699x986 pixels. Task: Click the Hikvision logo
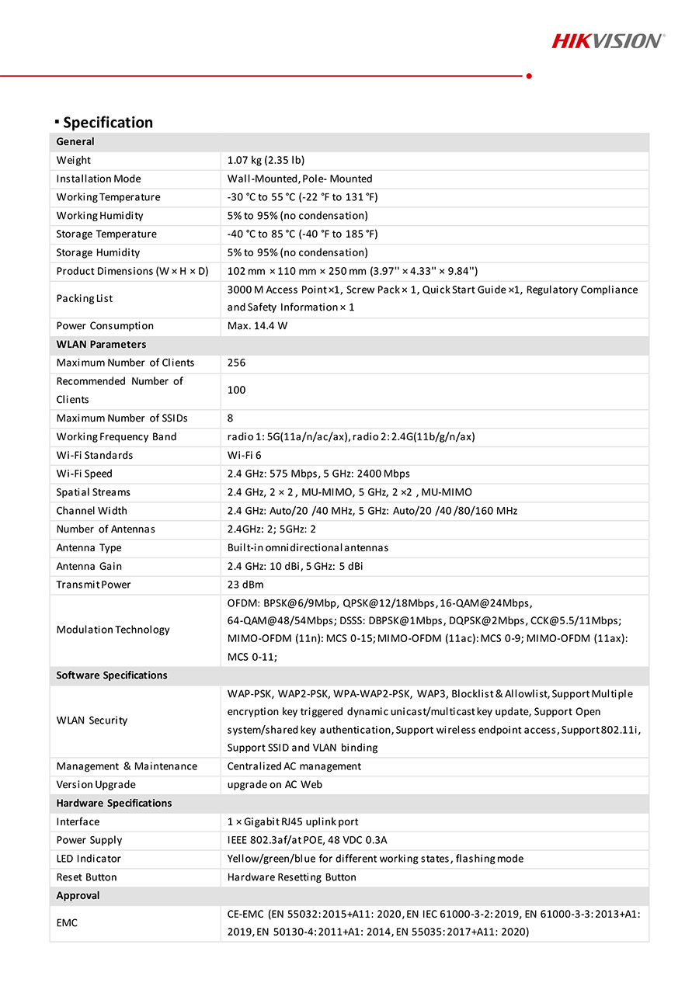[607, 40]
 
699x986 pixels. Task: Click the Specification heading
[107, 123]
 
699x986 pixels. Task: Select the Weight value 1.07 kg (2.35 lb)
[266, 161]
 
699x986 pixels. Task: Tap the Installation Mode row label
[99, 179]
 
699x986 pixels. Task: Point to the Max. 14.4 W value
[257, 326]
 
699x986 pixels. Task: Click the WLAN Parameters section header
[101, 345]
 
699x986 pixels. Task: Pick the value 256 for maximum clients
[236, 363]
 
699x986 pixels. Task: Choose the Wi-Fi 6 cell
[245, 455]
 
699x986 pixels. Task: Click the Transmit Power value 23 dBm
[245, 585]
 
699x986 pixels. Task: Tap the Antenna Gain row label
[89, 566]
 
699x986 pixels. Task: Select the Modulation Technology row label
[113, 630]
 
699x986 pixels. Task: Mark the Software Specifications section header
[112, 675]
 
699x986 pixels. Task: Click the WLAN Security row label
[92, 720]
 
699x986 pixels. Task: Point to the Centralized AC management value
[294, 766]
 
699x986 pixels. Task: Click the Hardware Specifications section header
[114, 803]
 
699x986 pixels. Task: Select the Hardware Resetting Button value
[292, 877]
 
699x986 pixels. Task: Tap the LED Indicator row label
[89, 859]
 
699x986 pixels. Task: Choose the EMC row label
[68, 923]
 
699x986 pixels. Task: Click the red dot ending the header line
[529, 76]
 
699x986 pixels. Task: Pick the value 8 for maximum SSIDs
[231, 418]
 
